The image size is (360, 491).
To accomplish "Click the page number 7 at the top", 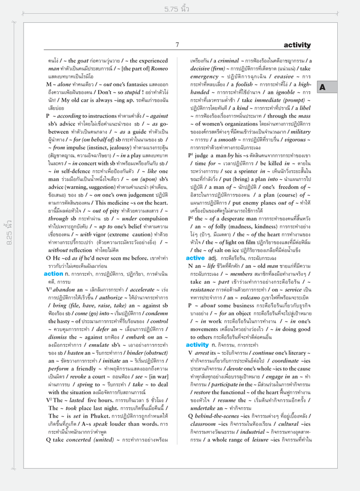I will pyautogui.click(x=177, y=45).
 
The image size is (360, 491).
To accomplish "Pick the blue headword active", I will pyautogui.click(x=195, y=258).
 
